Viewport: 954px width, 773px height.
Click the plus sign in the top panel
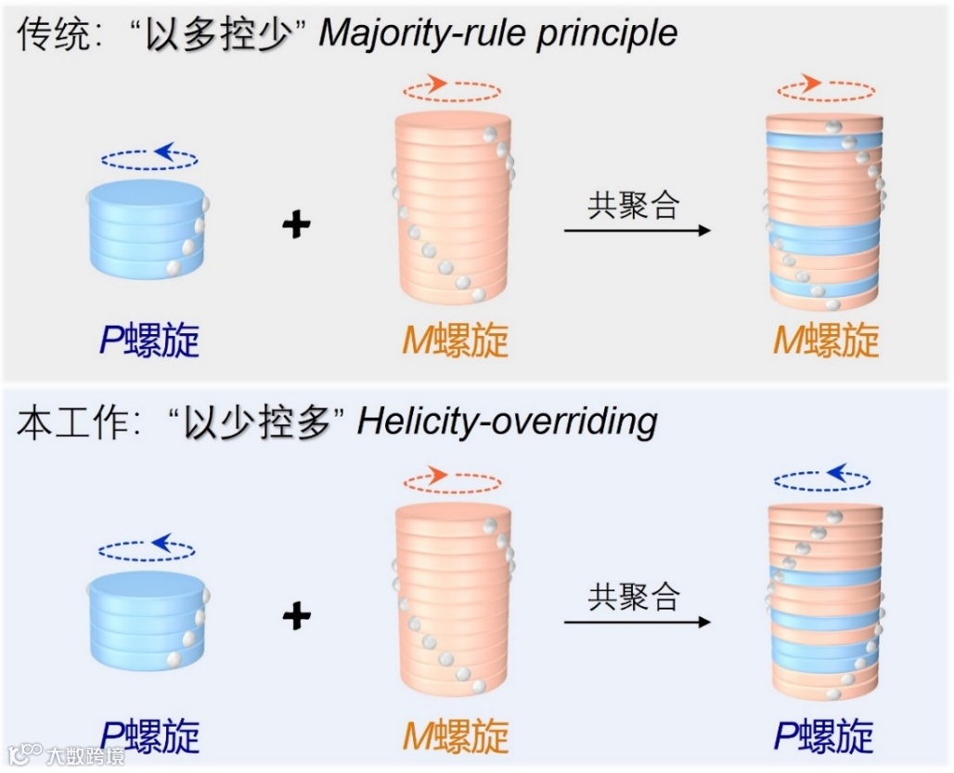(296, 225)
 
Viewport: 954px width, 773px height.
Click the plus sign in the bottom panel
(296, 615)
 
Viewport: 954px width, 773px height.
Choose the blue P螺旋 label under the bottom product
(825, 737)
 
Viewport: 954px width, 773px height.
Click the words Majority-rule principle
(498, 34)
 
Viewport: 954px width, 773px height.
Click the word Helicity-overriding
(507, 422)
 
